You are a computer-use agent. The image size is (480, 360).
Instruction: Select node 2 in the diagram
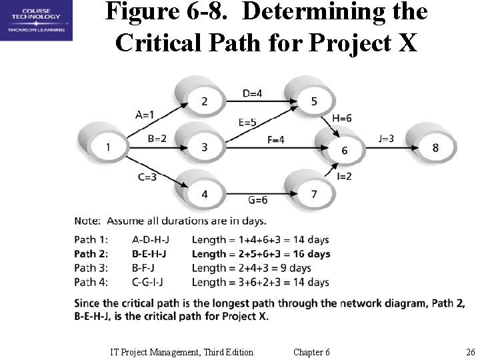pos(204,101)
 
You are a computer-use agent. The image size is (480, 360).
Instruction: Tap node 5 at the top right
pos(313,101)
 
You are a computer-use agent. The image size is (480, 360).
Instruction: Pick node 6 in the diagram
pos(344,150)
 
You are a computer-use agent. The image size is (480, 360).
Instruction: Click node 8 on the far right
pos(435,147)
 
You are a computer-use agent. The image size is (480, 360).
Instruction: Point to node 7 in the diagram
pos(313,194)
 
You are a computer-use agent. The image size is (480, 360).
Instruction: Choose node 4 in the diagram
pos(204,194)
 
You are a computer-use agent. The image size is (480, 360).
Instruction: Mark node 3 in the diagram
pos(204,147)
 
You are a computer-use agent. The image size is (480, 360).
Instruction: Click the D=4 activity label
pos(252,94)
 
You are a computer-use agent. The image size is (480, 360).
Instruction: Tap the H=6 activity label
pos(342,118)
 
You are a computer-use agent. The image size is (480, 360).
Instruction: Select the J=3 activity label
pos(386,139)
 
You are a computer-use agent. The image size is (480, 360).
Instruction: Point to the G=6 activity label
pos(257,200)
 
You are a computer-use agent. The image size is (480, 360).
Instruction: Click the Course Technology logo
pos(36,21)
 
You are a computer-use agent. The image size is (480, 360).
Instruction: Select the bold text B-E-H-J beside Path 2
pos(149,254)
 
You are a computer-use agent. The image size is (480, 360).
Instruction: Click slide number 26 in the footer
pos(470,352)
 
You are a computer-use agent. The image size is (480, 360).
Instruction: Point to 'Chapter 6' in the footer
pos(311,352)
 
